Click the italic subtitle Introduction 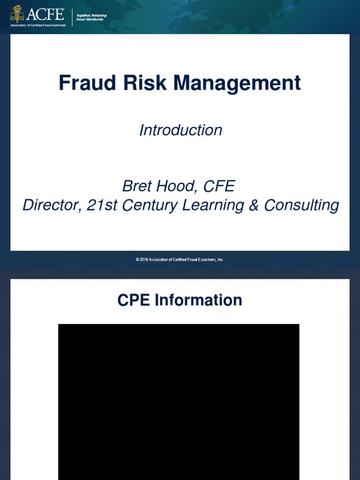[180, 130]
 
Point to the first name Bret [137, 187]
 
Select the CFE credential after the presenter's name [218, 187]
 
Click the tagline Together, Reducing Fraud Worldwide [91, 17]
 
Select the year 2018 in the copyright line [142, 259]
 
